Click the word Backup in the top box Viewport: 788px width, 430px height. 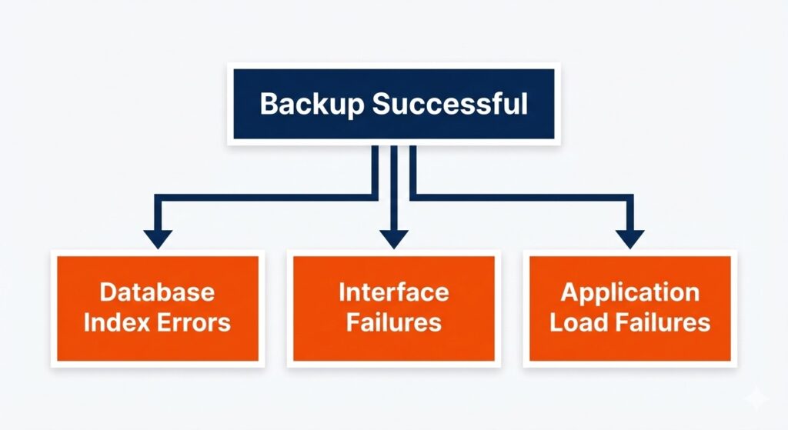click(x=312, y=104)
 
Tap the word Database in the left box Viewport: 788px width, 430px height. click(x=157, y=292)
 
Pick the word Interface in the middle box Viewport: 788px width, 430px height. click(x=393, y=292)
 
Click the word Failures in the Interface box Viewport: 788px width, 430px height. click(x=393, y=322)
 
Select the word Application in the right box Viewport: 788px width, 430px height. click(x=629, y=292)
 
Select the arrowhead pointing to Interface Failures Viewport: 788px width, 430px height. click(x=393, y=238)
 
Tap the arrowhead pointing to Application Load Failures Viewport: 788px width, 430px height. click(x=629, y=238)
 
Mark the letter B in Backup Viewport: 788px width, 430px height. click(x=269, y=104)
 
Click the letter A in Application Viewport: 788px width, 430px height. click(x=569, y=292)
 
